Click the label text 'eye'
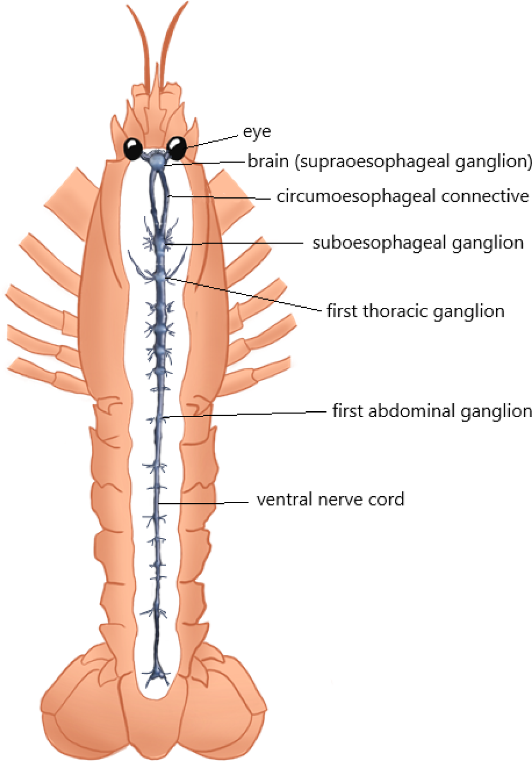[257, 132]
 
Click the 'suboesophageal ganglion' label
[418, 243]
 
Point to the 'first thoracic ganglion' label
[415, 311]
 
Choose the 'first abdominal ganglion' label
[432, 411]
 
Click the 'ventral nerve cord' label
[330, 499]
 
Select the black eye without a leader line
[133, 149]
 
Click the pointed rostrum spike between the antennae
[156, 80]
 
